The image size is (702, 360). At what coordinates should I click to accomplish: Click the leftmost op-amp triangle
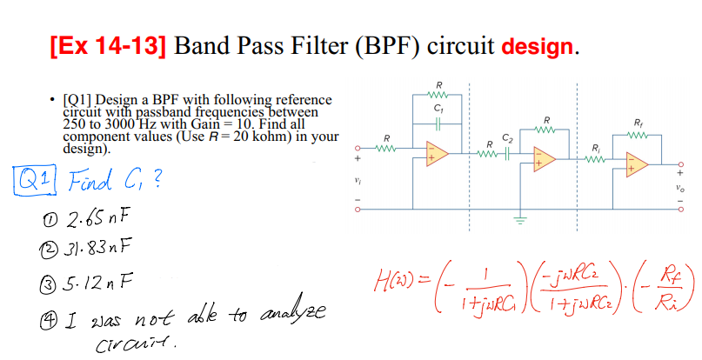[438, 153]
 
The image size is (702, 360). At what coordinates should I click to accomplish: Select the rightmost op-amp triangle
[638, 163]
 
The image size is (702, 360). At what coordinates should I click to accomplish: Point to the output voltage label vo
[685, 186]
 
